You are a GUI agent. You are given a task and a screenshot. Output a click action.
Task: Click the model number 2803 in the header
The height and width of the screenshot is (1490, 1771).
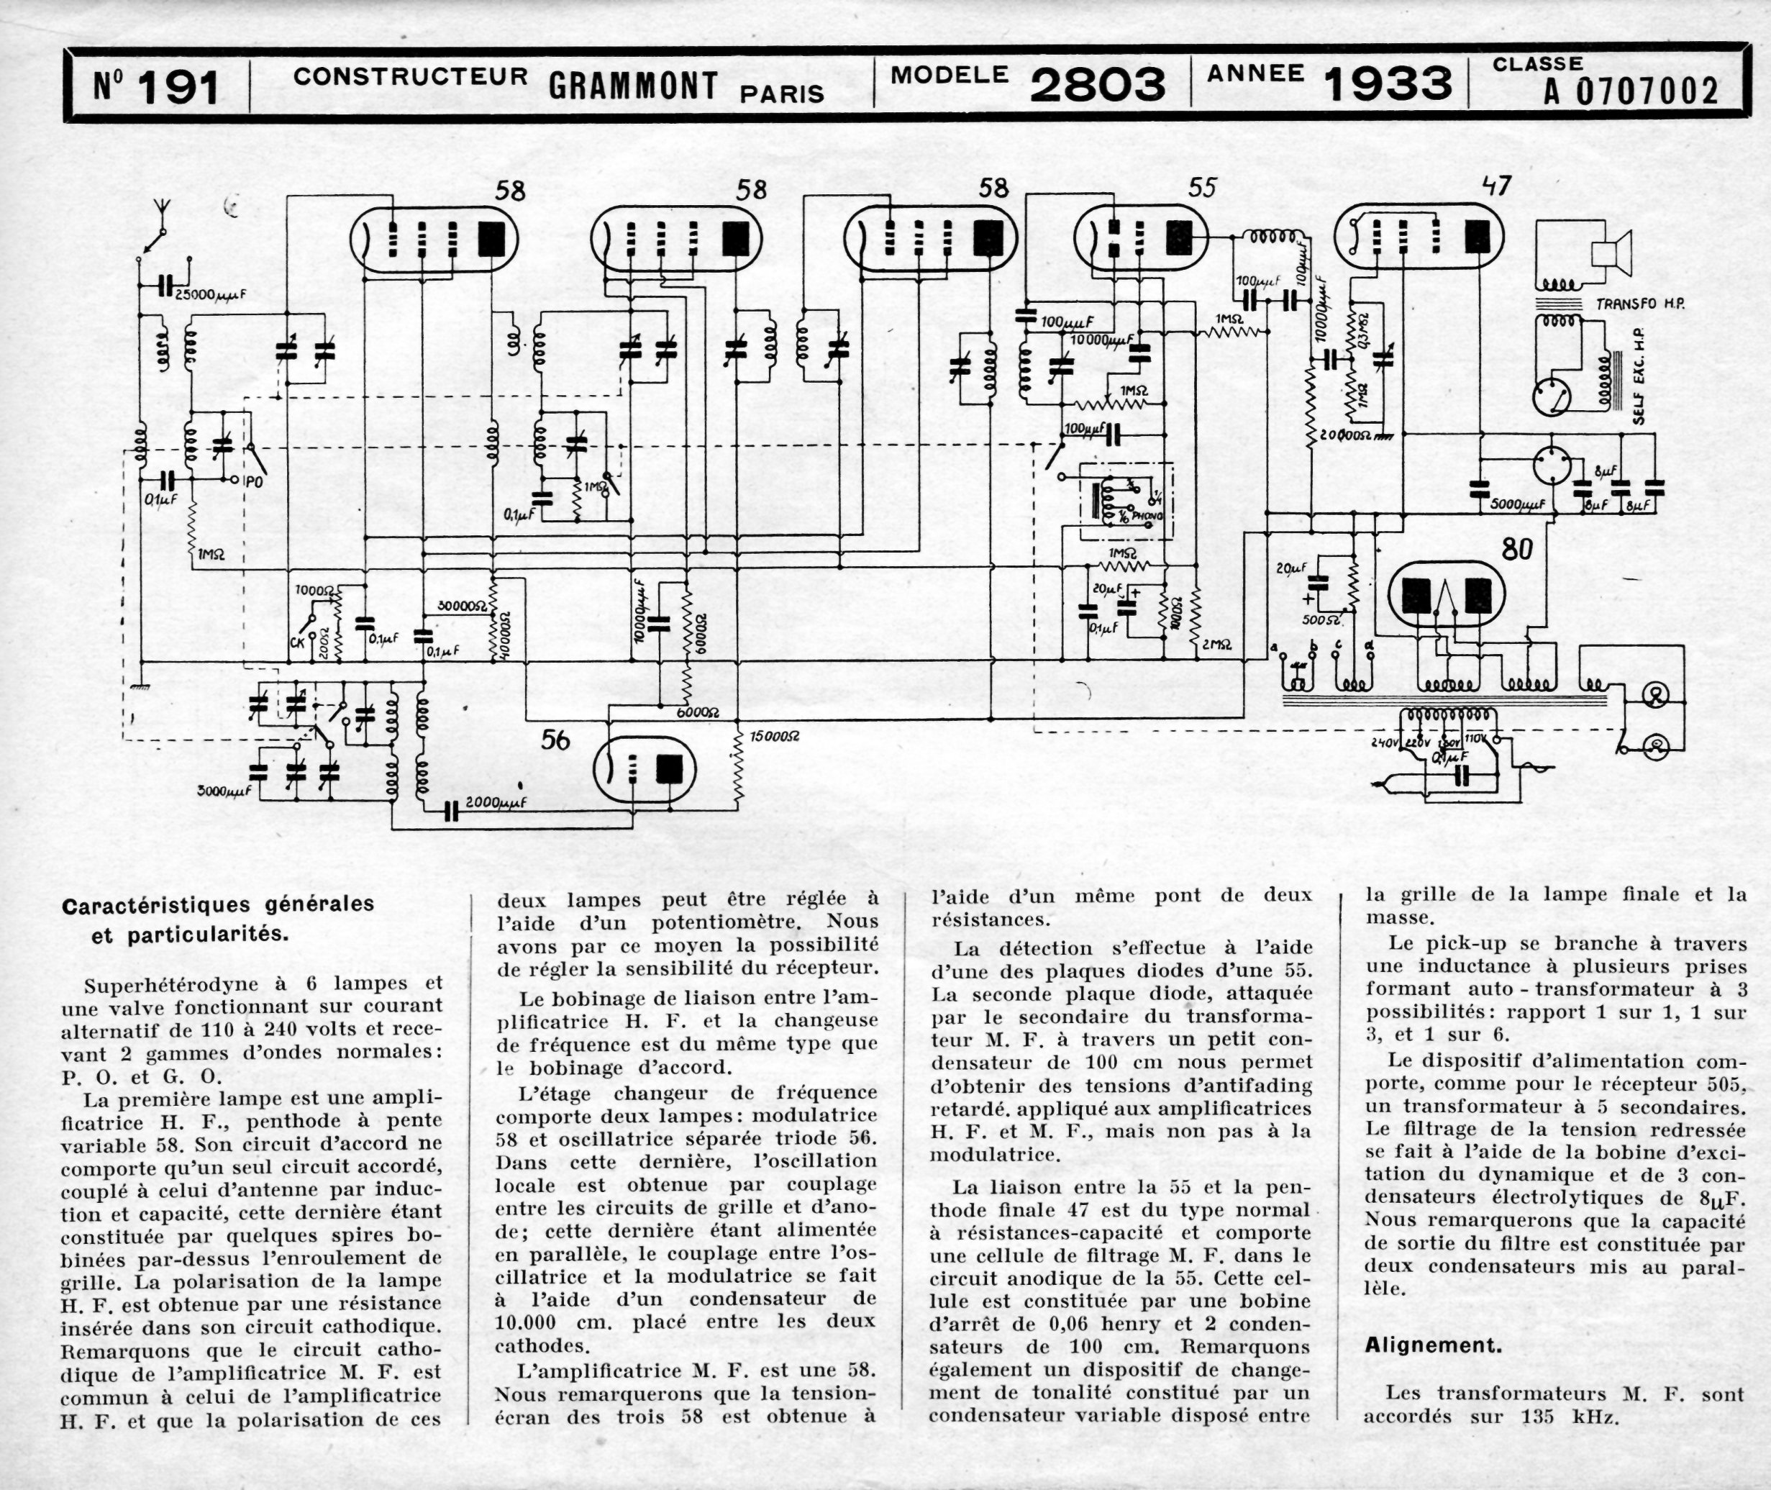[1097, 86]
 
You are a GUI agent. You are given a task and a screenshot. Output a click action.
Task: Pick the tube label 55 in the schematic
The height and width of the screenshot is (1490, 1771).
[1202, 188]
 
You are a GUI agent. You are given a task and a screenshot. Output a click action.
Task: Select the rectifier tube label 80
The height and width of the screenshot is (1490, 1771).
[1517, 550]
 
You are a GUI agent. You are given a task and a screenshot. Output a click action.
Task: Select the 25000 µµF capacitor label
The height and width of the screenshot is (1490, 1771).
[210, 295]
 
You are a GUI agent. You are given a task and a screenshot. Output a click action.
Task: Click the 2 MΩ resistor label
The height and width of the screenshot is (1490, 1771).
[1216, 645]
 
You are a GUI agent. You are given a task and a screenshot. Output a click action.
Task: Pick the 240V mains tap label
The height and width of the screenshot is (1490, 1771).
[1388, 742]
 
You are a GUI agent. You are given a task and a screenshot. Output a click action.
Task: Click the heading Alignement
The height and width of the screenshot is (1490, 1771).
[1433, 1345]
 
